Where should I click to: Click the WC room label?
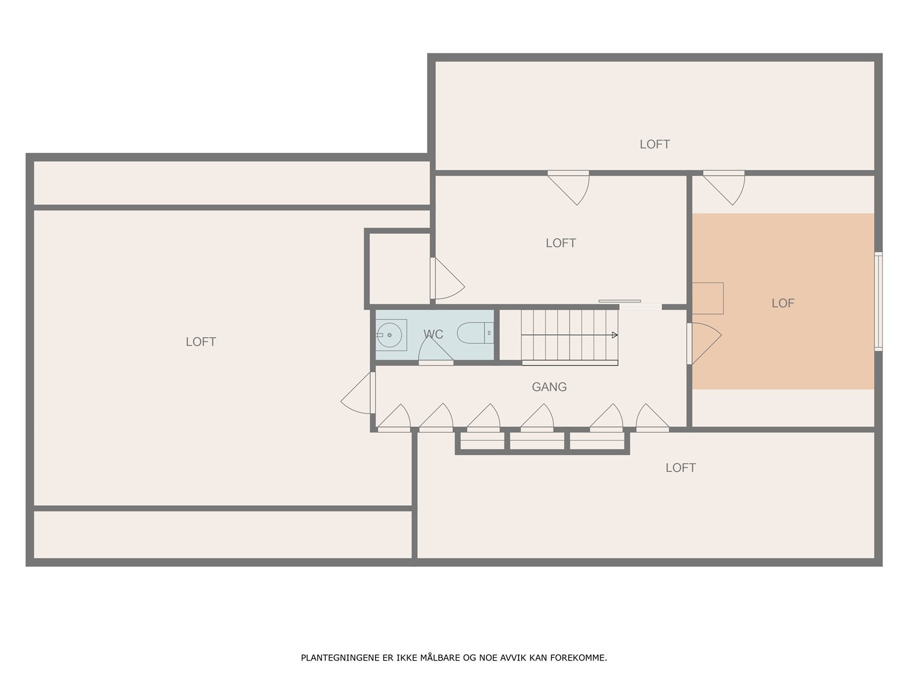point(433,334)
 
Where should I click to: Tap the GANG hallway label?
point(549,386)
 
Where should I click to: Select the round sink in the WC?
point(389,335)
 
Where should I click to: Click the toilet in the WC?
point(476,333)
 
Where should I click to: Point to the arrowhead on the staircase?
point(615,335)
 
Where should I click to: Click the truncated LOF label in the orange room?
point(783,303)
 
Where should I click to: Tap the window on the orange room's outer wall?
point(878,301)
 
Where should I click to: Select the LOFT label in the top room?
point(654,144)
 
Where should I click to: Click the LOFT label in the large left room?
point(201,342)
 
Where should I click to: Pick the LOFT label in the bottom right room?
point(680,468)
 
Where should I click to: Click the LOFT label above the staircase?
point(561,243)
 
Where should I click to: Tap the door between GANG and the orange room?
point(704,343)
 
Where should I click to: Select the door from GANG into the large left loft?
point(358,392)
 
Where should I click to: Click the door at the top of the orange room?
point(724,188)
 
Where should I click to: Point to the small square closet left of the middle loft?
point(399,269)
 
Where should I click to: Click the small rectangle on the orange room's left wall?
point(708,298)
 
